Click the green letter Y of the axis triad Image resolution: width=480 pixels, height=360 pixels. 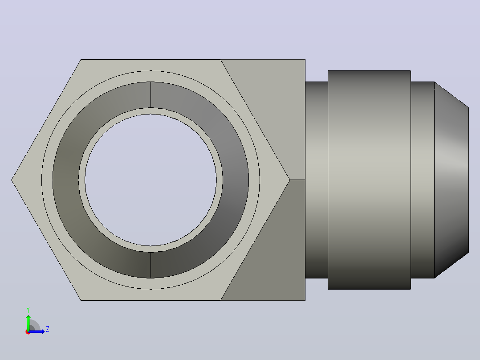[28, 310]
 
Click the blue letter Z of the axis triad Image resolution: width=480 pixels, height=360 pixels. [48, 329]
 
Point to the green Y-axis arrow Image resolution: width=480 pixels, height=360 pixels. [28, 323]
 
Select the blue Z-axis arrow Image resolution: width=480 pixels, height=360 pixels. [36, 331]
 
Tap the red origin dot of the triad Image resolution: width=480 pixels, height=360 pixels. [28, 332]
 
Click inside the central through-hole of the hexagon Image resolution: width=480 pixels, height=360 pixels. [151, 180]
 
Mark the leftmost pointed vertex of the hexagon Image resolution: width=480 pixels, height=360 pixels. [11, 180]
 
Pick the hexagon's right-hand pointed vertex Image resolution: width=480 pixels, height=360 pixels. [289, 180]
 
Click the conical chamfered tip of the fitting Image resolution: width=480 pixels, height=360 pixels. [452, 180]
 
